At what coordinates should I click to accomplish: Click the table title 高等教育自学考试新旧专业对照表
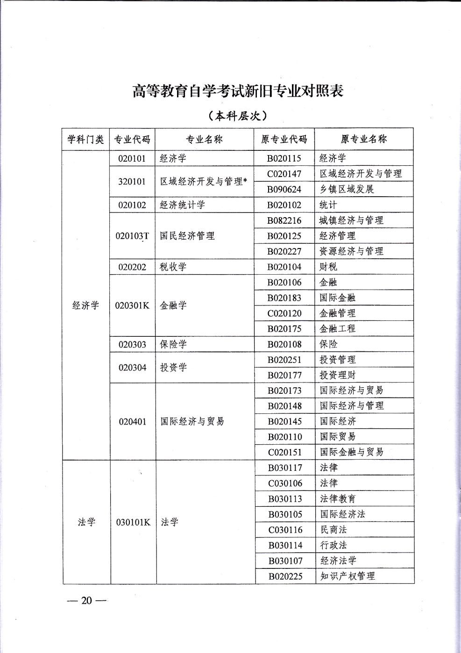pos(238,90)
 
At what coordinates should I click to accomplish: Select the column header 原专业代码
pos(284,139)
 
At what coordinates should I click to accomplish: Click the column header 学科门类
pos(85,139)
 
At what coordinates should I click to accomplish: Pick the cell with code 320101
pos(132,181)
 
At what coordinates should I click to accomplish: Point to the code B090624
pos(284,189)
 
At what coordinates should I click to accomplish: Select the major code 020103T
pos(132,236)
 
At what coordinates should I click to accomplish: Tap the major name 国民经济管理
pos(187,236)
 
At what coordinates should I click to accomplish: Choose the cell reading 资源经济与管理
pos(351,251)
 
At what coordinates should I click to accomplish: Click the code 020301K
pos(132,305)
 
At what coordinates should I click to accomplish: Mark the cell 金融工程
pos(337,329)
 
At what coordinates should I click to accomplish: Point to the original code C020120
pos(284,313)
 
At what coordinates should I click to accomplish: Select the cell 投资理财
pos(337,375)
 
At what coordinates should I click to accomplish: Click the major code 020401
pos(133,421)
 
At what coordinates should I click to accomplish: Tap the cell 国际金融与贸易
pos(351,452)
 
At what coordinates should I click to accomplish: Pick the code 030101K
pos(133,522)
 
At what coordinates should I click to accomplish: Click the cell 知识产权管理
pos(347,576)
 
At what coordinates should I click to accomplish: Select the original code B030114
pos(285,545)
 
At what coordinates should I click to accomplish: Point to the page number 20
pos(87,601)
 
